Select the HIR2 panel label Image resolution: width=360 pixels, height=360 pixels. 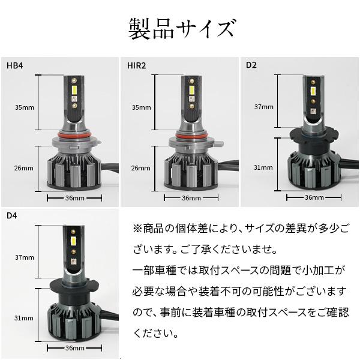(x=136, y=65)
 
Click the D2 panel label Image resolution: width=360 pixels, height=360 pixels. (x=250, y=65)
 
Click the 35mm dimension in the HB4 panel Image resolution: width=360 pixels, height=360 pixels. (x=25, y=107)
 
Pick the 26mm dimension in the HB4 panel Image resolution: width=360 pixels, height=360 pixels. (x=25, y=168)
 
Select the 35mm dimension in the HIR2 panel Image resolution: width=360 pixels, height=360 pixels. (x=141, y=107)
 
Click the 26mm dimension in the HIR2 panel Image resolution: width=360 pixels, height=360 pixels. (x=141, y=168)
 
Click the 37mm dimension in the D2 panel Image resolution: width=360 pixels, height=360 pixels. (x=263, y=107)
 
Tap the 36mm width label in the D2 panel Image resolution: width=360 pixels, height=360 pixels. (x=314, y=197)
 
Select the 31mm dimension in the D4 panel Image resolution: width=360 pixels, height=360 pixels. (x=25, y=316)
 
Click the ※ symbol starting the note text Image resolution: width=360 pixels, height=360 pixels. (x=137, y=229)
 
